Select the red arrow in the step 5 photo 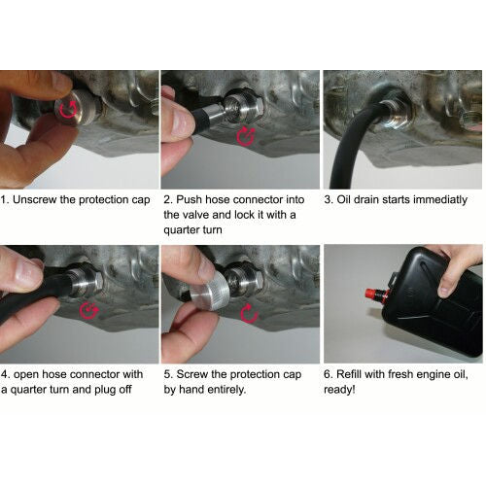[x=247, y=312]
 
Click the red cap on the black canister [x=371, y=292]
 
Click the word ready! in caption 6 [x=344, y=390]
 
